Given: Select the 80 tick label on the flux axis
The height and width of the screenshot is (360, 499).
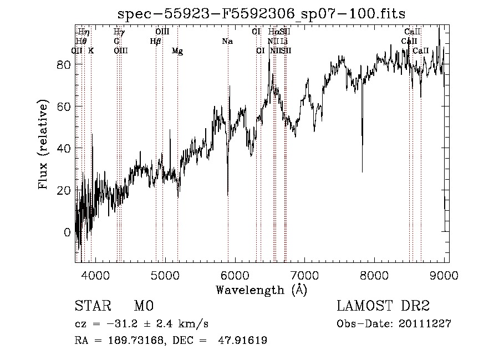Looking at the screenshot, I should [x=64, y=64].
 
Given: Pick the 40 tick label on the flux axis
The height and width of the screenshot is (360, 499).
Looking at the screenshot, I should [x=64, y=148].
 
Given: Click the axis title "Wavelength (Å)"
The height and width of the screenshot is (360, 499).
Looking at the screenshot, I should [x=261, y=290].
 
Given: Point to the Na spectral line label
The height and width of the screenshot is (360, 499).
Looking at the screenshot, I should [x=227, y=42].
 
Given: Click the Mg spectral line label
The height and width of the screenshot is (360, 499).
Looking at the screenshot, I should [x=177, y=51].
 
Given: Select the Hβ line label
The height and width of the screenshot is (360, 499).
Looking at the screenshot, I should [x=155, y=42].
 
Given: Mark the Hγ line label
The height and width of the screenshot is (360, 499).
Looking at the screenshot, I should [x=119, y=32].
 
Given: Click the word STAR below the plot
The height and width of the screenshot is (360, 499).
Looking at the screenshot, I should [x=92, y=306].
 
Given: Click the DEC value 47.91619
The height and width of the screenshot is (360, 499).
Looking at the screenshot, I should [x=243, y=341].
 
